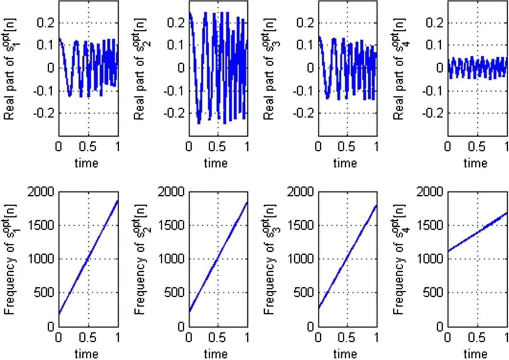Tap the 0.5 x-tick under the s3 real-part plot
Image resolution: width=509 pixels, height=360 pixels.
click(347, 147)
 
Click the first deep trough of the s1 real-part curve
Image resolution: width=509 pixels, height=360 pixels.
click(70, 96)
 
